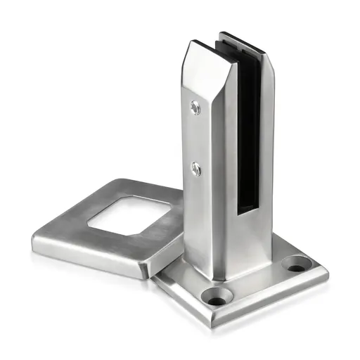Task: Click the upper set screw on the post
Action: (194, 107)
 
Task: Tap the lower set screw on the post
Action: (196, 169)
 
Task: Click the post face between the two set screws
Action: (195, 139)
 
